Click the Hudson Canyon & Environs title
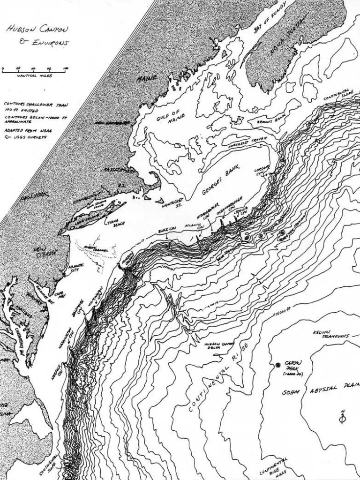coord(35,36)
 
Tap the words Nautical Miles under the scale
coord(34,75)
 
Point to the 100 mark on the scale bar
coord(65,68)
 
